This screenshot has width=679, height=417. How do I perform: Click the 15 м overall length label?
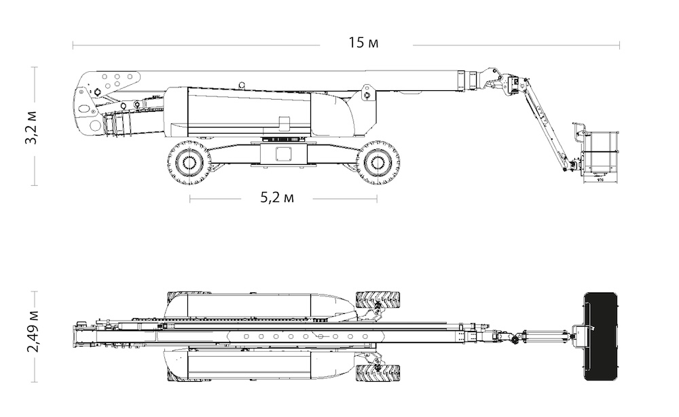tap(363, 43)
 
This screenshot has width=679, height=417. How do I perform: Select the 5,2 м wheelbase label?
tap(277, 198)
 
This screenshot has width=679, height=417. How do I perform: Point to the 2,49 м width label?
tap(33, 332)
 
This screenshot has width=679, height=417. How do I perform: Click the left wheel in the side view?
tap(189, 162)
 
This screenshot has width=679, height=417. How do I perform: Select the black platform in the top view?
tap(600, 336)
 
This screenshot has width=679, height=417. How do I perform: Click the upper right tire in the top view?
tap(378, 299)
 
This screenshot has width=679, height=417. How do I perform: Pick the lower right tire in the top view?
tap(378, 373)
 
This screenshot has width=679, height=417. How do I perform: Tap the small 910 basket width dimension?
tap(600, 178)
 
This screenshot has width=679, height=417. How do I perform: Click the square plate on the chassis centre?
tap(284, 153)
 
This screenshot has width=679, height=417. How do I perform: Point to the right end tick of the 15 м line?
tap(619, 45)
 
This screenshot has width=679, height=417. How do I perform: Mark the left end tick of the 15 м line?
tap(73, 45)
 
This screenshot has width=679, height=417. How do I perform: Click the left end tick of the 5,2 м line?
tap(189, 199)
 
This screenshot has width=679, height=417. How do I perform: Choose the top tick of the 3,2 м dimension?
tap(34, 67)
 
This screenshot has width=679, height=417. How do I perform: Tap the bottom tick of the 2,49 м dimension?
tap(34, 382)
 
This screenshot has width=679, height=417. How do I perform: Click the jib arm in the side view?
tap(547, 125)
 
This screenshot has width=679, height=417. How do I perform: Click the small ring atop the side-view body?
tap(242, 85)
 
